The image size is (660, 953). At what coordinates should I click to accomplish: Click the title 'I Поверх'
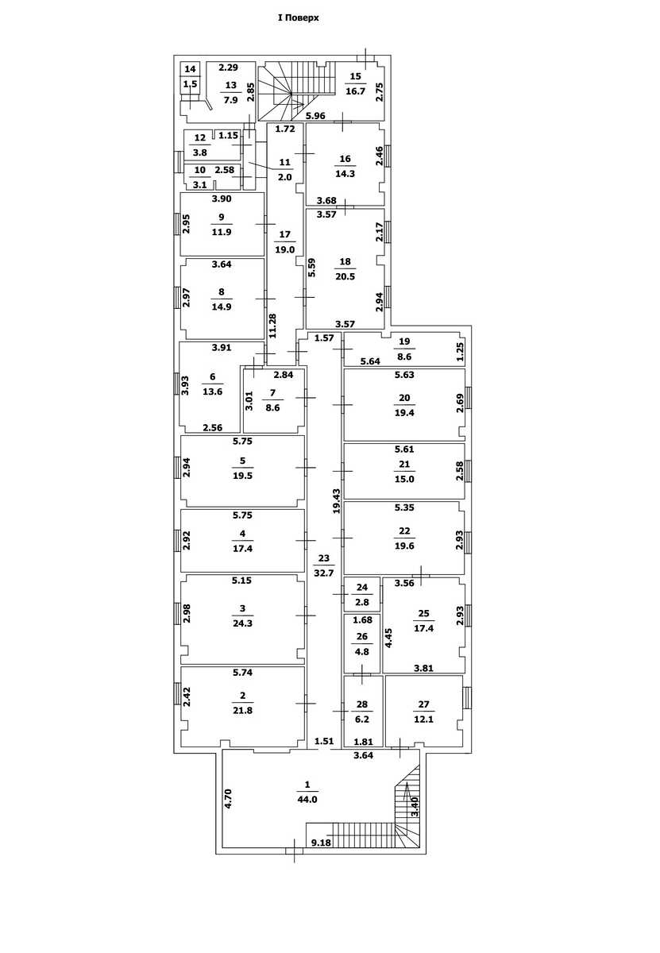298,18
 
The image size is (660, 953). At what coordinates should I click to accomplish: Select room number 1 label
307,785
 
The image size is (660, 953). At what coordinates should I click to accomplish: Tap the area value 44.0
307,800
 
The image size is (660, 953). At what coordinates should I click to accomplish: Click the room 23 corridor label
324,558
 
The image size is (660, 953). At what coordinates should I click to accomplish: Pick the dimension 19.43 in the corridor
337,501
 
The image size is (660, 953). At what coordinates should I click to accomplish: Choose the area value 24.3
242,623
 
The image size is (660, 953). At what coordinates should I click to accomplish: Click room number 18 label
345,261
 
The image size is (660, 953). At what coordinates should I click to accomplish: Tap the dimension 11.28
272,326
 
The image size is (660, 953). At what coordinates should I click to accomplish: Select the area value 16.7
355,91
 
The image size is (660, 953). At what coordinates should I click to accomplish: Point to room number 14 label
190,69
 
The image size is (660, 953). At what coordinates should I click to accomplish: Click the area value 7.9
230,100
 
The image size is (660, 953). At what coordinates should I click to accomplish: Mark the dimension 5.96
316,115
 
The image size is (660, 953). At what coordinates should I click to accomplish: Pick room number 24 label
362,588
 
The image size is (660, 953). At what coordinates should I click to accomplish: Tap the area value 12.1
424,720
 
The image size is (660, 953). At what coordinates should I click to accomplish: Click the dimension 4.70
228,799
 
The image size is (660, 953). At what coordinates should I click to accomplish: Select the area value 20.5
345,276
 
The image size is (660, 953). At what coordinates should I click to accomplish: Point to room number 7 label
272,392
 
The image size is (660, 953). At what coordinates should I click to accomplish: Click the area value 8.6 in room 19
404,357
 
